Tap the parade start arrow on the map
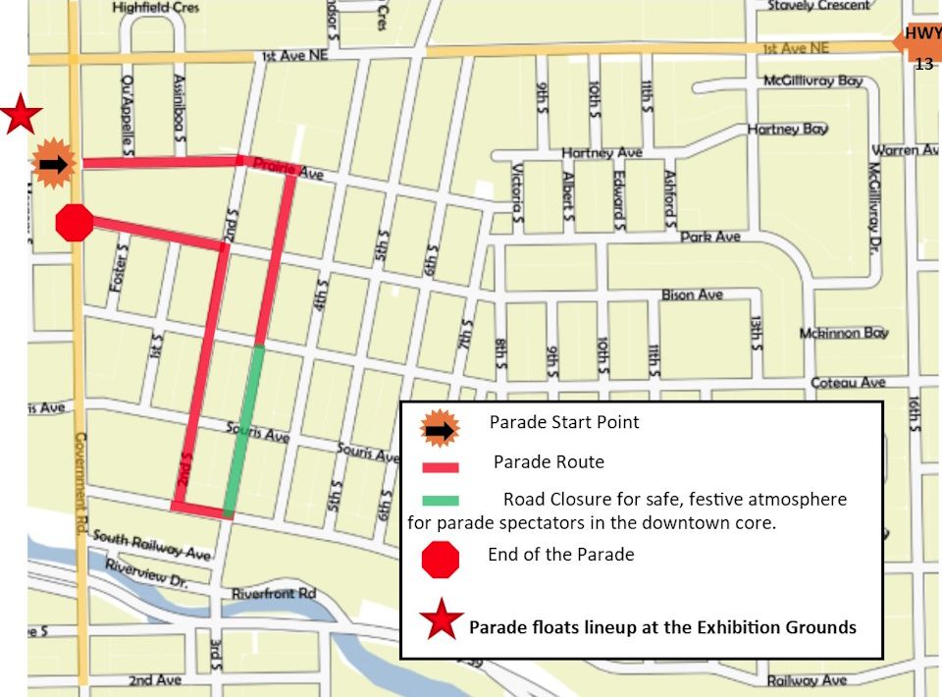click(x=54, y=164)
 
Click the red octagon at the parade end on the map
click(x=74, y=223)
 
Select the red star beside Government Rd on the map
click(x=20, y=115)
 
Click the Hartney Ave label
click(x=602, y=152)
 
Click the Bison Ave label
click(x=691, y=295)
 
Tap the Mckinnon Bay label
click(x=843, y=333)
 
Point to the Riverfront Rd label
click(x=274, y=594)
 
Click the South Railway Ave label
click(x=151, y=545)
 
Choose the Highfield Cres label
click(x=155, y=7)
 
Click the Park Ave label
click(x=710, y=237)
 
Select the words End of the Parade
click(x=560, y=555)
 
